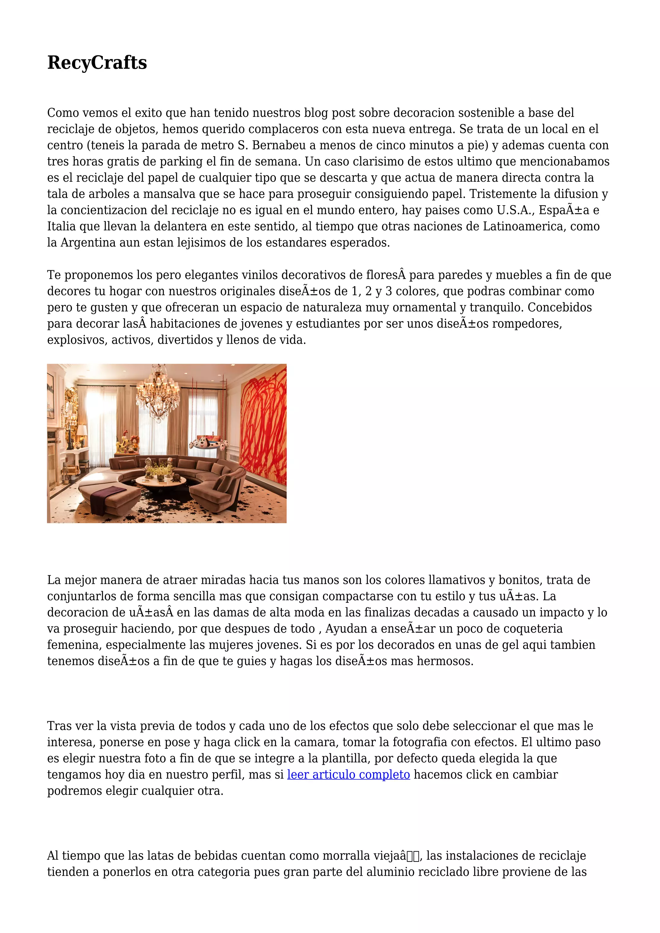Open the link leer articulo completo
(x=348, y=774)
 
